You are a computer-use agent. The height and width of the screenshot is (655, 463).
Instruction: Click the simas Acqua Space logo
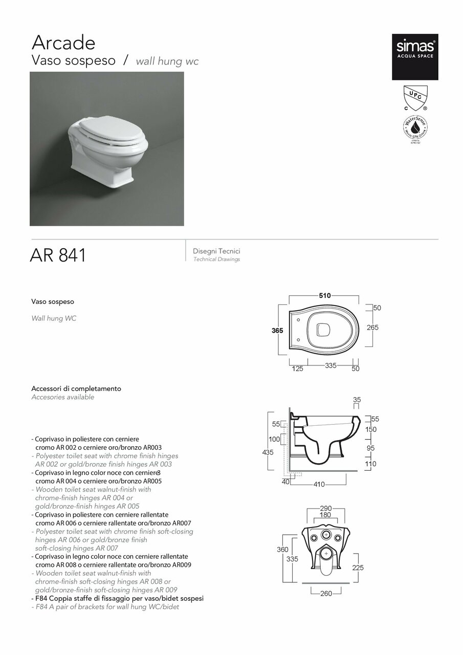click(415, 57)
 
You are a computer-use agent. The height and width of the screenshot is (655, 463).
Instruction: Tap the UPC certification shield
click(414, 97)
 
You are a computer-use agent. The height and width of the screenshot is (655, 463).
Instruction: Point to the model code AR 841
click(58, 255)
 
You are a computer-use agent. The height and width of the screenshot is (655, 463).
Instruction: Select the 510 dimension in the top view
click(325, 295)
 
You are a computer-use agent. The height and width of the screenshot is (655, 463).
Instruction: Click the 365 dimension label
click(277, 331)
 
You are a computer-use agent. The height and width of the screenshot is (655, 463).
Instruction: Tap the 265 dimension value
click(372, 327)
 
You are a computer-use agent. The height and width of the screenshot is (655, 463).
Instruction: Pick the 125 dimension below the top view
click(297, 368)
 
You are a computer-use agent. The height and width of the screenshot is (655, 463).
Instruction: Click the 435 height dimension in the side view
click(268, 452)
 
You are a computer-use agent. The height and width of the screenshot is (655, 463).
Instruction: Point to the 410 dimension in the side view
click(319, 484)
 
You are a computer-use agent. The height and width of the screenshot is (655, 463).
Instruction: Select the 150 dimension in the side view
click(370, 429)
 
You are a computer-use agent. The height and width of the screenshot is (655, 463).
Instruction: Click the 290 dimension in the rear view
click(325, 508)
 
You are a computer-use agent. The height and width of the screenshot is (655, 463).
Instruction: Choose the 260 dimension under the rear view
click(326, 594)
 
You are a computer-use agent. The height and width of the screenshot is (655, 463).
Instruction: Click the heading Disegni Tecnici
click(216, 251)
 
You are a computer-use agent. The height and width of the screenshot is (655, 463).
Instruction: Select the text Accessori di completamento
click(76, 388)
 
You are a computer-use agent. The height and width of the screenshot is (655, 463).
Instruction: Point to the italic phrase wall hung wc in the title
click(167, 61)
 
